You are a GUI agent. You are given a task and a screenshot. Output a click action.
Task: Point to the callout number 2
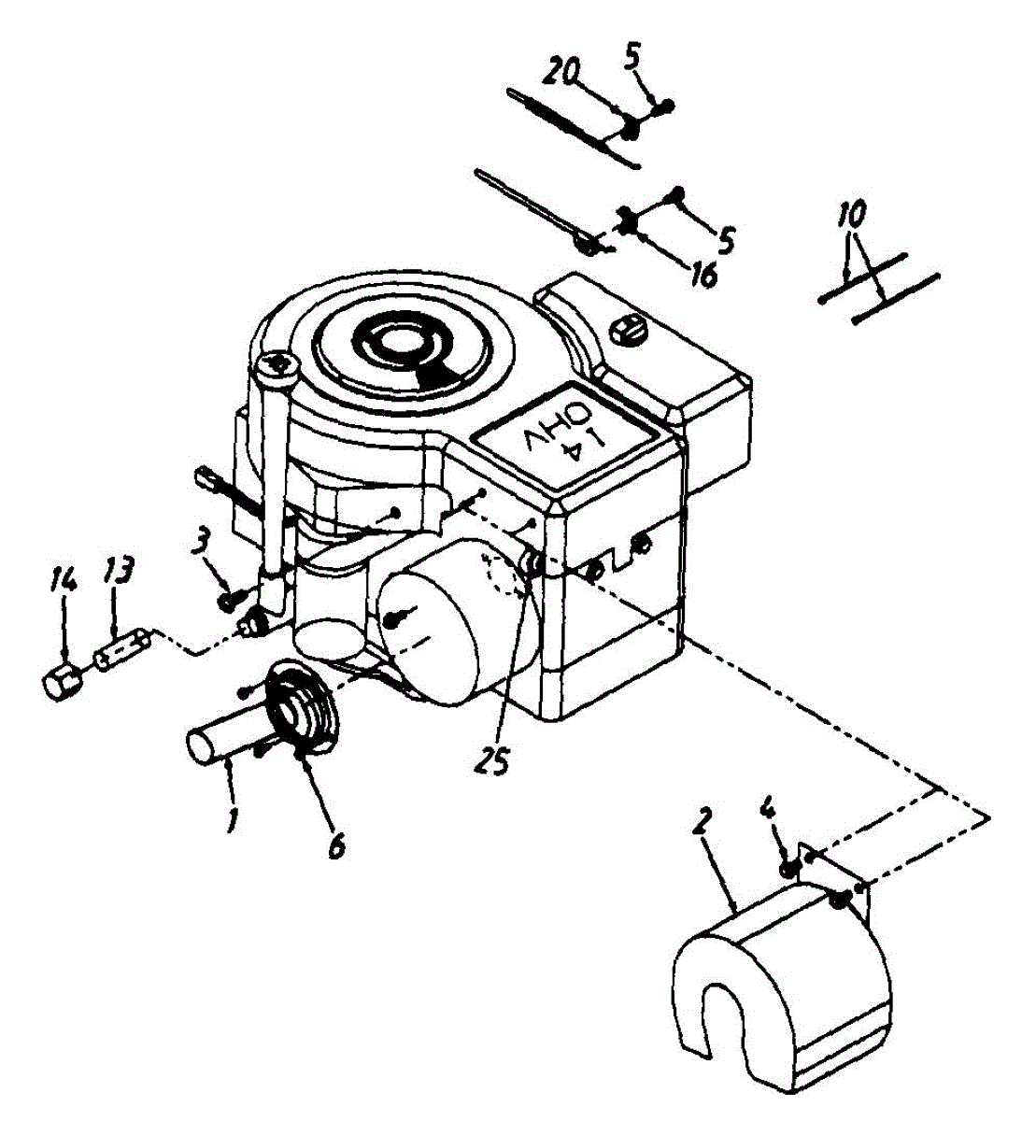(702, 823)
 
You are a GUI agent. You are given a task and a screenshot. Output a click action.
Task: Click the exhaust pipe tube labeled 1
(224, 743)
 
